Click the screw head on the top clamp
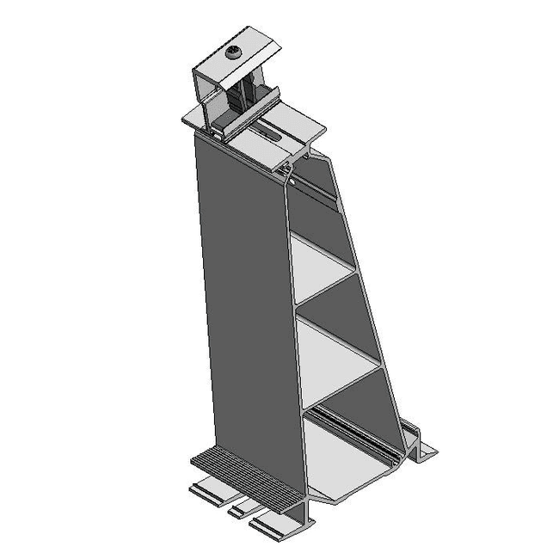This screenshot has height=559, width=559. (x=234, y=55)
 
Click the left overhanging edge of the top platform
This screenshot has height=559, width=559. (x=191, y=119)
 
